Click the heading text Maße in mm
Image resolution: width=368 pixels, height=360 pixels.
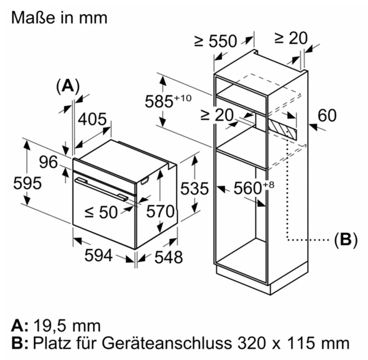tap(59, 18)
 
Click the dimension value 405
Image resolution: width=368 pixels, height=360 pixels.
tap(92, 119)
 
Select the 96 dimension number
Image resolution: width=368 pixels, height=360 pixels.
tap(49, 162)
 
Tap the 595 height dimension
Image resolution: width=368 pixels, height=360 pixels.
tap(27, 183)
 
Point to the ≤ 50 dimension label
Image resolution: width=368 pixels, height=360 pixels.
tap(101, 212)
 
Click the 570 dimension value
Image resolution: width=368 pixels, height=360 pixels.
tap(161, 211)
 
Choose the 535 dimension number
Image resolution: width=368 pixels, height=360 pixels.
tap(194, 189)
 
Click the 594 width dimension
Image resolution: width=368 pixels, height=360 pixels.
tap(98, 255)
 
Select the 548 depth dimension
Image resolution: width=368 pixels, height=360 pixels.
tap(169, 257)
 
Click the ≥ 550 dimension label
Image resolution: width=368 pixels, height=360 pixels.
tap(216, 41)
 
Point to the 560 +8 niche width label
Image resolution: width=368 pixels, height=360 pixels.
tap(254, 188)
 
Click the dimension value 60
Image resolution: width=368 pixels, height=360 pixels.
tap(327, 115)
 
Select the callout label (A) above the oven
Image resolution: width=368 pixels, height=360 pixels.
tap(68, 86)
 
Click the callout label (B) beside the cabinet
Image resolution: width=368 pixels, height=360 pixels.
tap(346, 240)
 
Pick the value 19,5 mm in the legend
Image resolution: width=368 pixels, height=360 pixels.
tap(67, 326)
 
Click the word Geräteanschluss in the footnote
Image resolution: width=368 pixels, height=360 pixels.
tap(167, 343)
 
